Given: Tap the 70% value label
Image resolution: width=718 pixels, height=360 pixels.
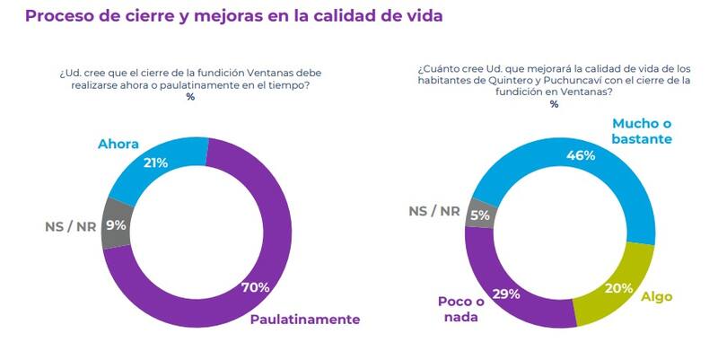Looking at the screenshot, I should [255, 287].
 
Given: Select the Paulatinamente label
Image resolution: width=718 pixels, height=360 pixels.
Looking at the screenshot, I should [305, 320].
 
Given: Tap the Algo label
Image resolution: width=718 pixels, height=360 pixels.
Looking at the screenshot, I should [655, 296].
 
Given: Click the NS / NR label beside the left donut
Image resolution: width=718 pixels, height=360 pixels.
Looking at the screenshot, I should [70, 226].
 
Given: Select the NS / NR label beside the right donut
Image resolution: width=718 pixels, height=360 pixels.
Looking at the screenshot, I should [434, 211].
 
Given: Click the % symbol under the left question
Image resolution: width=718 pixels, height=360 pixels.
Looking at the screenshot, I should [190, 97].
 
